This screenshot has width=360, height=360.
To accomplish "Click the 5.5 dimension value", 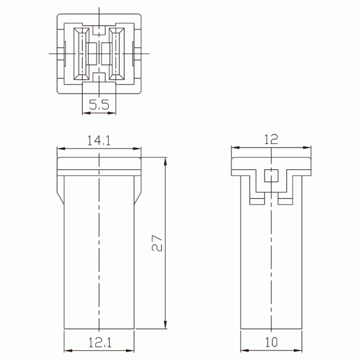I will pyautogui.click(x=98, y=105).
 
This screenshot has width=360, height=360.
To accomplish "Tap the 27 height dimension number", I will pyautogui.click(x=157, y=242).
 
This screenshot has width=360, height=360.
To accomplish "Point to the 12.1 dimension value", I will pyautogui.click(x=100, y=343).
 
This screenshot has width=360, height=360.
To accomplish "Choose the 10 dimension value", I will pyautogui.click(x=271, y=343).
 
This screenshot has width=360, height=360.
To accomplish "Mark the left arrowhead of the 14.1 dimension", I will pyautogui.click(x=61, y=148).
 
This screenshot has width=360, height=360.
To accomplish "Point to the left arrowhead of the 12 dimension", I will pyautogui.click(x=235, y=148).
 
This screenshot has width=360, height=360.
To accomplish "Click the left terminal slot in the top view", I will pyautogui.click(x=79, y=53).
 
